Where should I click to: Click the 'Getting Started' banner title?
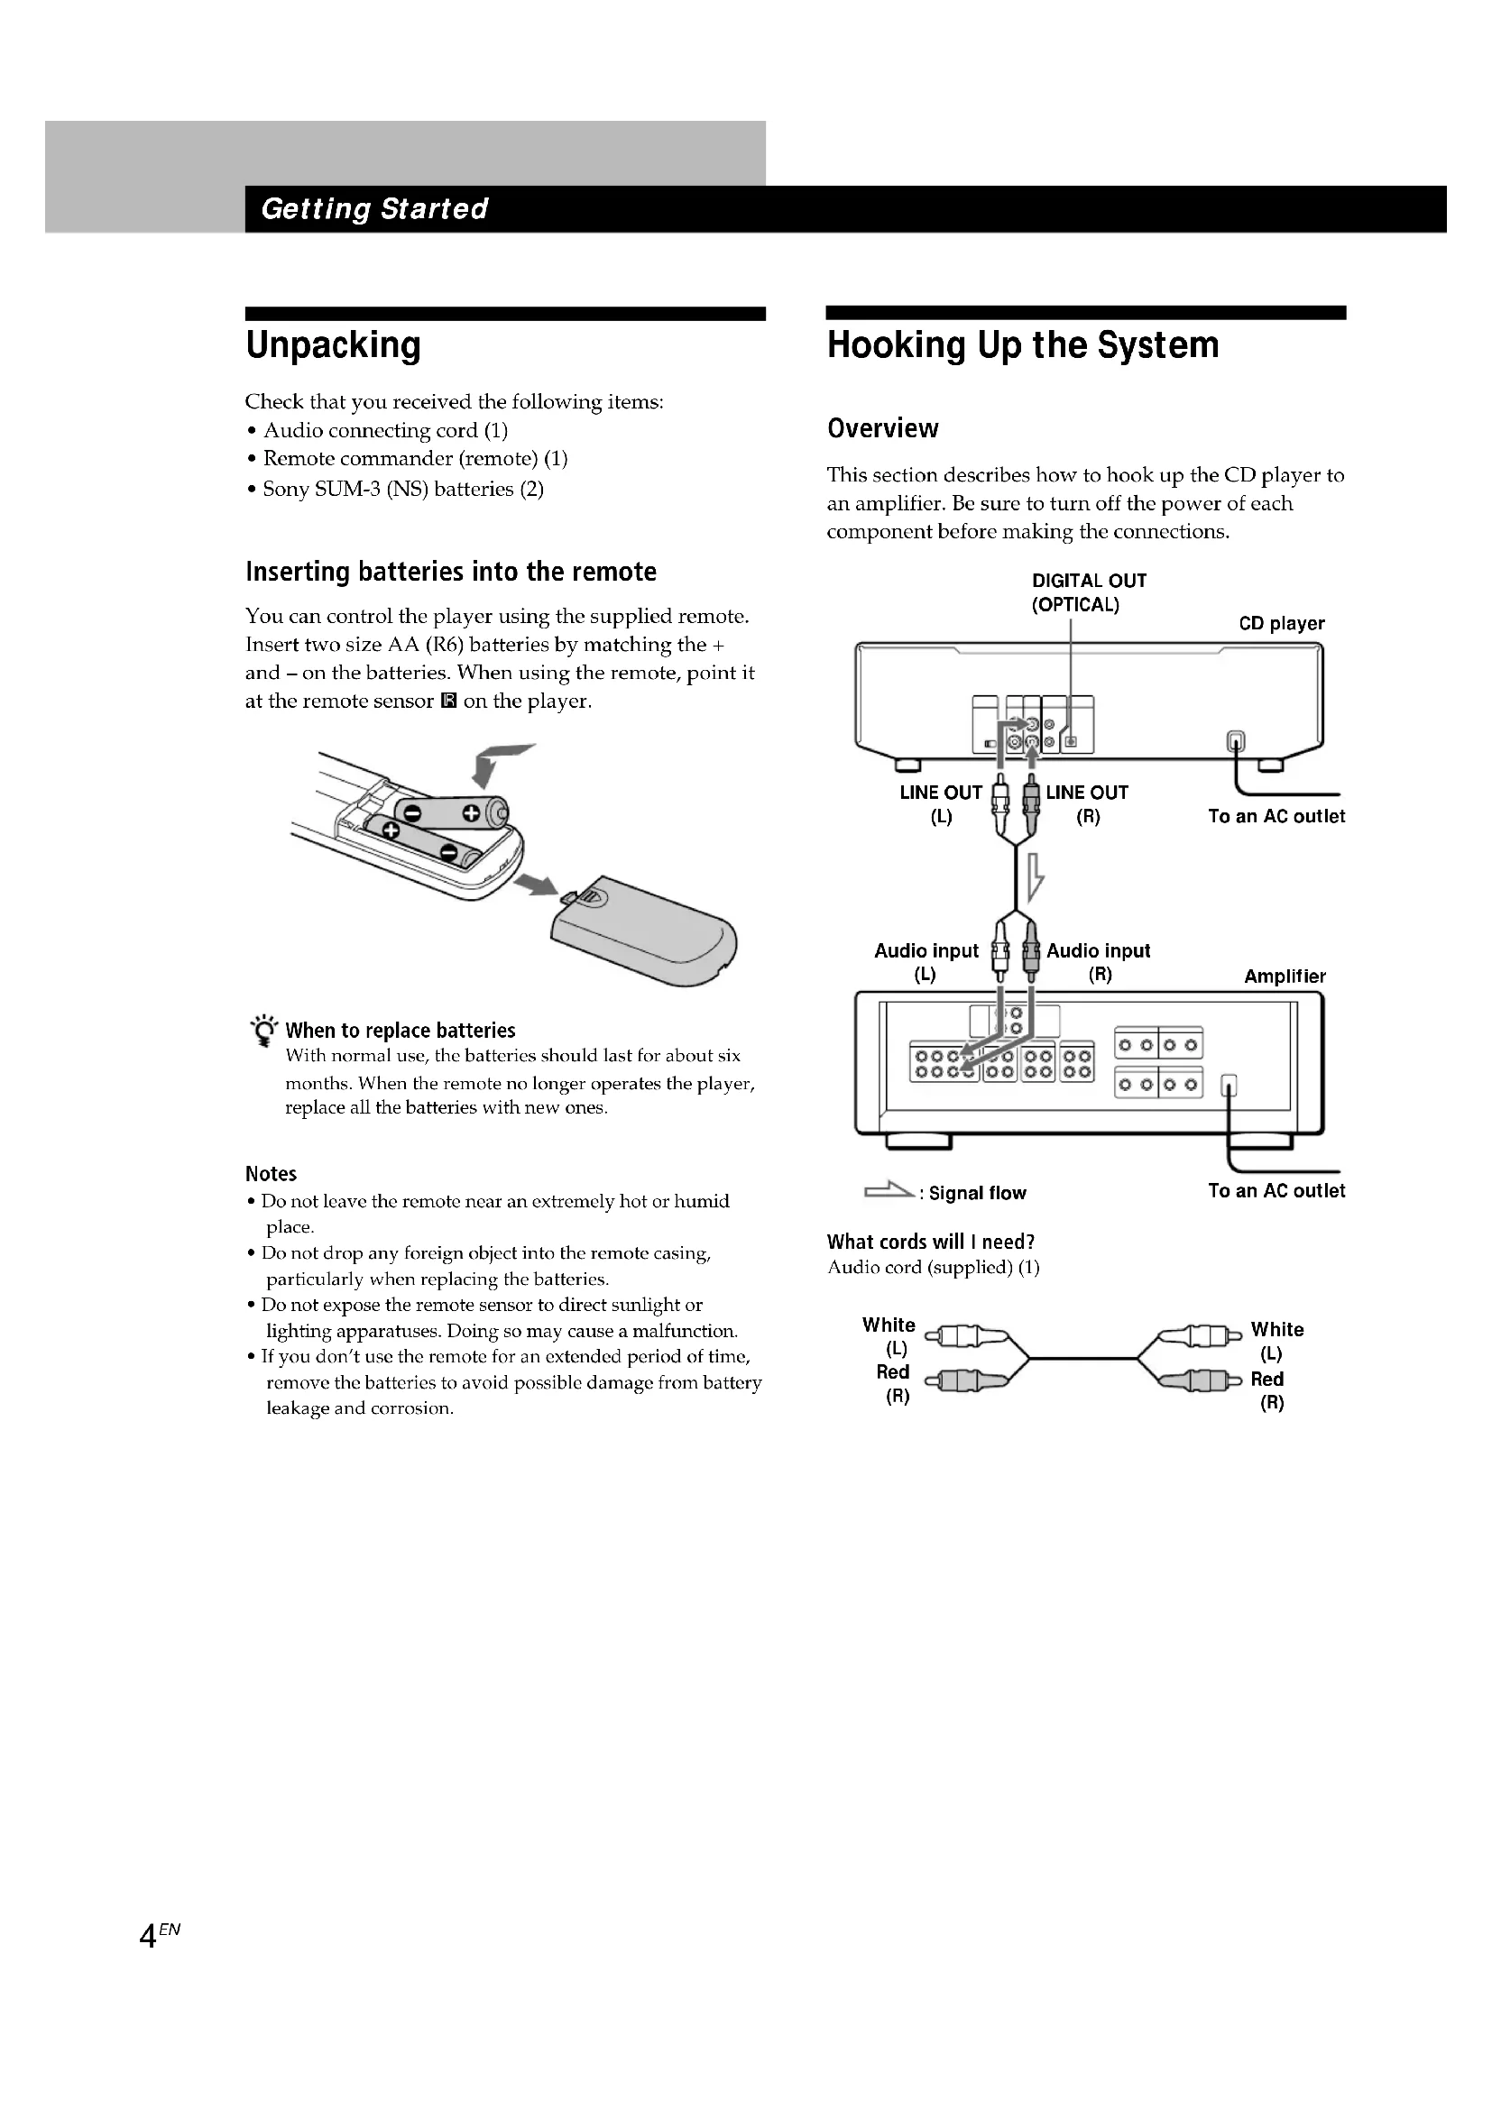pos(374,209)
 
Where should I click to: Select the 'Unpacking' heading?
pos(333,345)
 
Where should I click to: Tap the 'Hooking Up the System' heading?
pos(1023,345)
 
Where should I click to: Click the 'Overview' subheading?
pos(882,428)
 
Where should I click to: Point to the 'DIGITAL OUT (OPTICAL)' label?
pos(1088,592)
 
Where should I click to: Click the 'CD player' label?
pos(1281,624)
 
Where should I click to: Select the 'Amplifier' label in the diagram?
pos(1285,977)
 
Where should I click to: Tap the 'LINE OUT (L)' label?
pos(941,803)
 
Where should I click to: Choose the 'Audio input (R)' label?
pos(1098,962)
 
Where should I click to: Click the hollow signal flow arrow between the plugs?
pos(1036,876)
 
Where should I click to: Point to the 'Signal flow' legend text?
pos(977,1193)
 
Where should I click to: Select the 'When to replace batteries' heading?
pos(400,1031)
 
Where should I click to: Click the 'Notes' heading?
pos(271,1174)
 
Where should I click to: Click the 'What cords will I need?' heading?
pos(931,1242)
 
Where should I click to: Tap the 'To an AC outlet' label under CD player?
pos(1276,817)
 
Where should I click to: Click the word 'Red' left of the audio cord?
pos(892,1372)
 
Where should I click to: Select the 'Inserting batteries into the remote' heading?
pos(450,573)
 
